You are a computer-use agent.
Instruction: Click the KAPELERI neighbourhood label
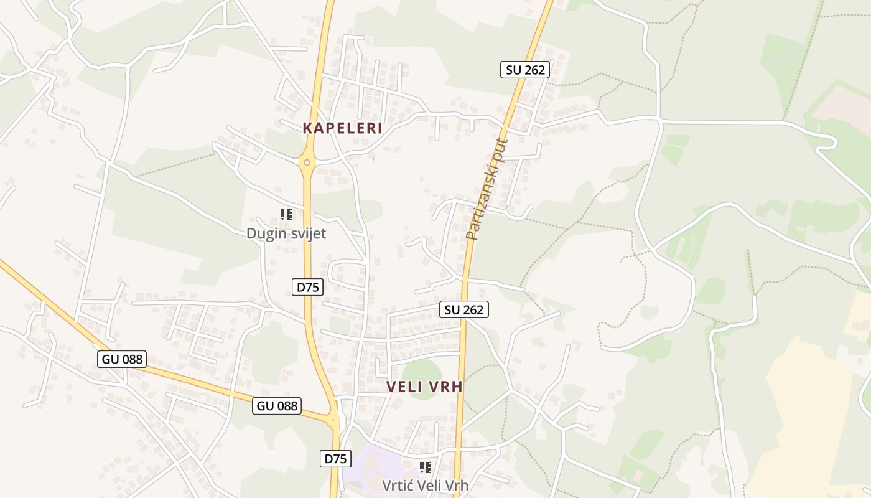342,128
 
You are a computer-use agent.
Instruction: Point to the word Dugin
265,233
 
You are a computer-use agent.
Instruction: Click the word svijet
307,233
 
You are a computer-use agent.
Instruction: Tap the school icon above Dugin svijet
286,215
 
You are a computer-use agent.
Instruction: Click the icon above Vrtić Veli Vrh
426,467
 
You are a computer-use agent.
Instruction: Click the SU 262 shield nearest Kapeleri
525,70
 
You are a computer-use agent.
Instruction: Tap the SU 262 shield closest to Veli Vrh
464,309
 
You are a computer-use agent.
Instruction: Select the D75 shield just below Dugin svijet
308,287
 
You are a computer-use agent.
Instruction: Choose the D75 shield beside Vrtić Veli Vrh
335,459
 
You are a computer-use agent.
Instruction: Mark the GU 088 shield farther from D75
122,359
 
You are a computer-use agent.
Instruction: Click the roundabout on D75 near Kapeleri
307,162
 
